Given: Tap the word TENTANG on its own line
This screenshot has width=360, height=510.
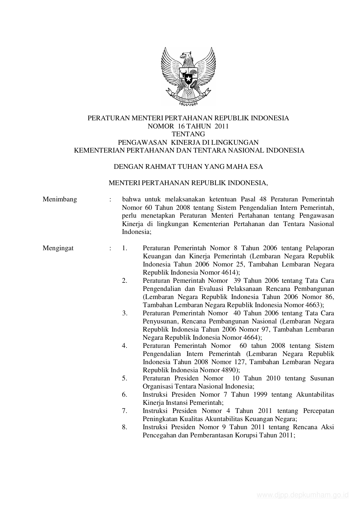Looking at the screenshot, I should [x=188, y=134].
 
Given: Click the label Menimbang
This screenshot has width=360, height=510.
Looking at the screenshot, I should [x=60, y=199].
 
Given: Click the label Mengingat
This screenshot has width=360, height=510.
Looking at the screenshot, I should [x=58, y=248].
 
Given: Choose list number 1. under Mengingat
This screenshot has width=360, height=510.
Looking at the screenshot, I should [x=125, y=248].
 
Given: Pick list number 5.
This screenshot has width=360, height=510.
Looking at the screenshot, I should [x=125, y=378].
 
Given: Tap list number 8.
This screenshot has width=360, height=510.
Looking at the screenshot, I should [x=125, y=427].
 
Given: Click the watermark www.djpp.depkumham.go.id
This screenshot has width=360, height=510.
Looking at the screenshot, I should [x=303, y=495].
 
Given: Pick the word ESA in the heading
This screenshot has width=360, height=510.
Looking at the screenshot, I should [x=256, y=167].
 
